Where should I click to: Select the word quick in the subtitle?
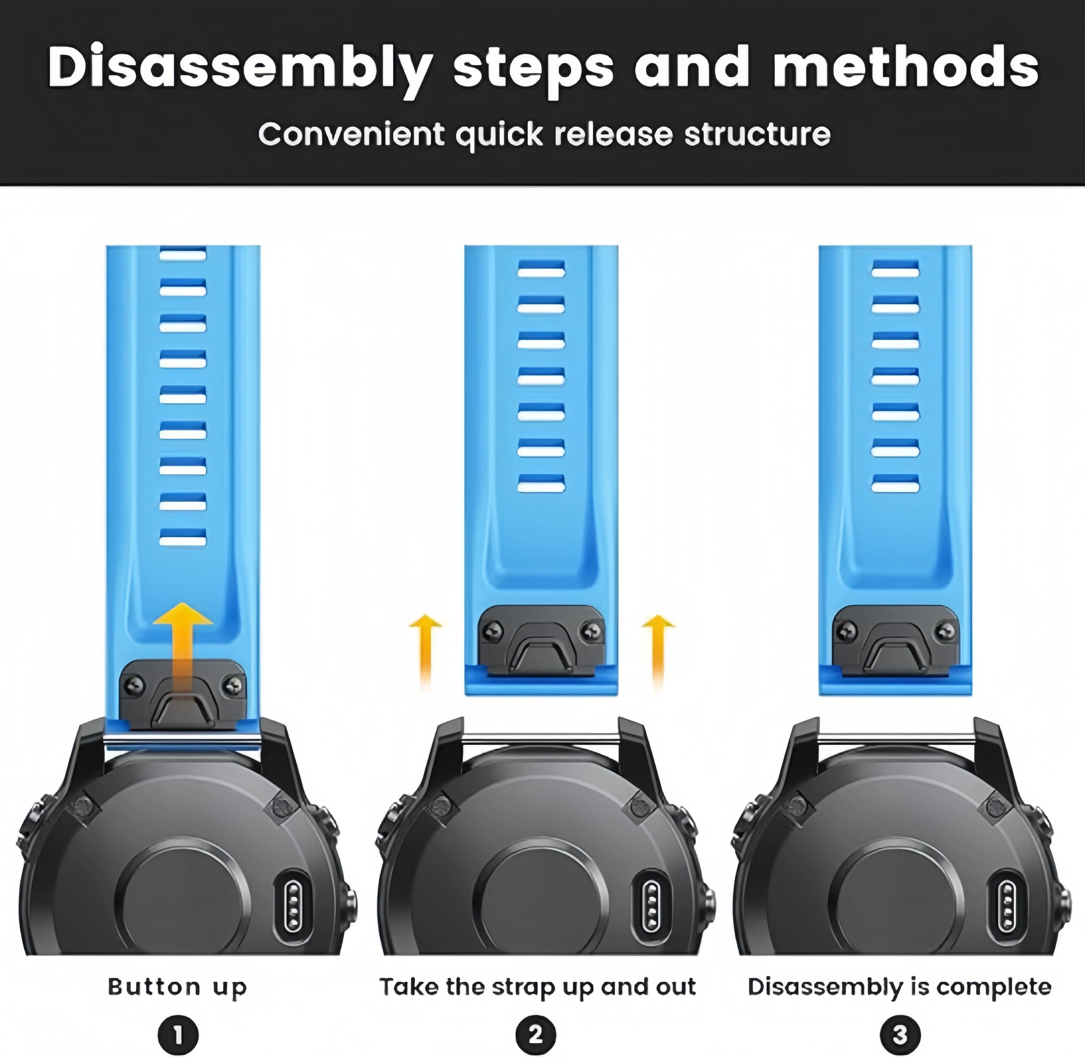(x=499, y=135)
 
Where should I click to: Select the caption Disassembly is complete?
(x=900, y=987)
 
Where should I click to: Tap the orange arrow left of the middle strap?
(x=425, y=652)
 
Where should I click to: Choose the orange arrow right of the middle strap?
(x=658, y=652)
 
